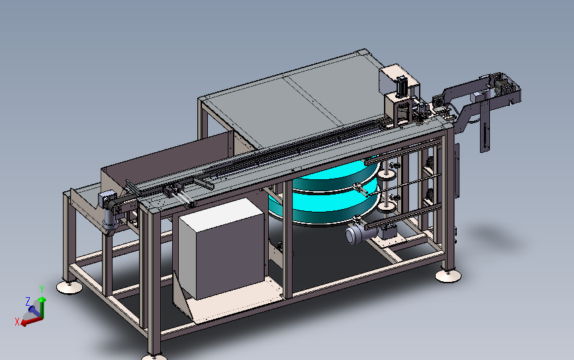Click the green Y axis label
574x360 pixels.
(x=42, y=289)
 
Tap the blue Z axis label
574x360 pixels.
(x=28, y=302)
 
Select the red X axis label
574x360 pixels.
(x=17, y=322)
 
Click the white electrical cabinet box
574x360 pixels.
(x=222, y=248)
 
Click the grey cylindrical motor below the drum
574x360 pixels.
(x=357, y=234)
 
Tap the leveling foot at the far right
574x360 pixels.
(x=448, y=276)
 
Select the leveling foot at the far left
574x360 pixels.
(x=70, y=288)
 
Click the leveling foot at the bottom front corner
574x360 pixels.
(x=154, y=357)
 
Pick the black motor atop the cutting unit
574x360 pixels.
(x=401, y=85)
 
